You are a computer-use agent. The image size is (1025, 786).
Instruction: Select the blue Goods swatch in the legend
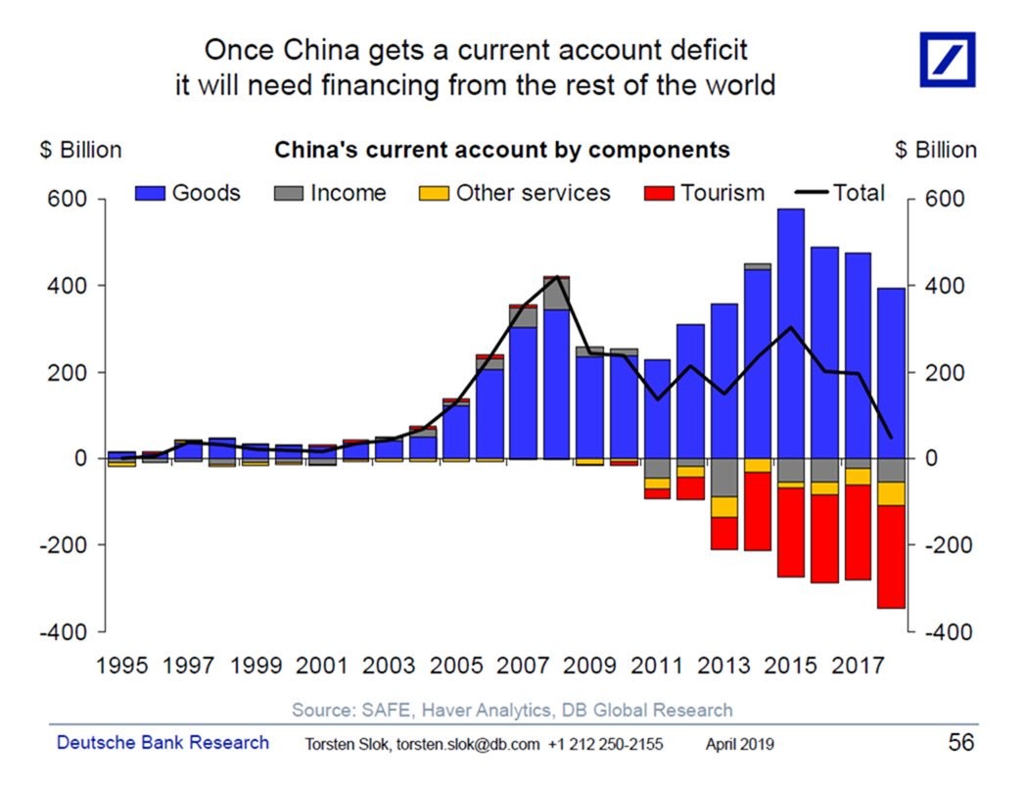152,194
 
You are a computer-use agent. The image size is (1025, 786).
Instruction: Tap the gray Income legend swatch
290,194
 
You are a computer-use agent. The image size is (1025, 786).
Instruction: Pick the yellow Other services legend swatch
436,194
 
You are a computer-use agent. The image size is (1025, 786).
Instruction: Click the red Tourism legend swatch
661,194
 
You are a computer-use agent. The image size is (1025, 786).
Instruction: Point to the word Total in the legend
859,193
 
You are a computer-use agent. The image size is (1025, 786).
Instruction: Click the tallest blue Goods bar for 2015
790,333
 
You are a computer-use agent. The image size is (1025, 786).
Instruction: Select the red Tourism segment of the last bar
891,557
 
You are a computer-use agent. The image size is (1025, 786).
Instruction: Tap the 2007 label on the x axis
523,667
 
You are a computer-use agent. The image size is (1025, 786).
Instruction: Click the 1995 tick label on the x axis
122,667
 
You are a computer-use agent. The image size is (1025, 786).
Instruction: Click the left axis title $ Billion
80,150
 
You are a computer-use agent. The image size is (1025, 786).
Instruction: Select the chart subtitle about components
501,150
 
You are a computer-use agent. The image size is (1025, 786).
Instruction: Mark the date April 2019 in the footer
739,745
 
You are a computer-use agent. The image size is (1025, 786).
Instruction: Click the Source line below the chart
512,710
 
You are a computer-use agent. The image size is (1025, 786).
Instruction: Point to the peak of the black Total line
556,277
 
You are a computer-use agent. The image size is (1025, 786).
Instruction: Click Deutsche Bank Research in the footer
163,743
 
